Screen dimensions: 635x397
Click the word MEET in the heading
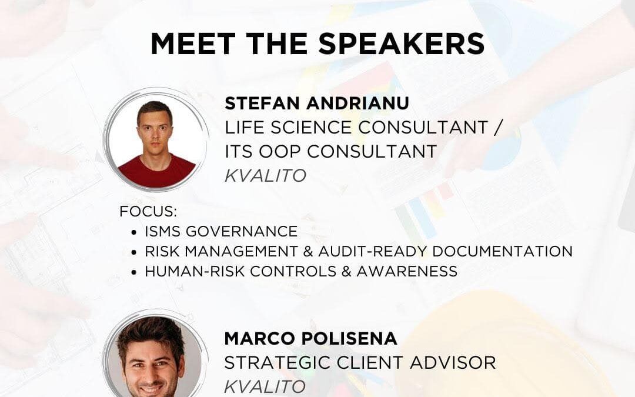point(193,44)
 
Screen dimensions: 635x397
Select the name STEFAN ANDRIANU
point(317,104)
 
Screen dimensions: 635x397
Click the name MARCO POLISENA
point(310,338)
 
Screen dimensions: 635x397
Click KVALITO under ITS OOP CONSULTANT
point(265,175)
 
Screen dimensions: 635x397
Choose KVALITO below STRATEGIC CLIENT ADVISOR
point(265,386)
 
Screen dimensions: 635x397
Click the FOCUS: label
point(148,212)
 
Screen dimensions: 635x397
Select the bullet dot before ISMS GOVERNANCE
point(134,232)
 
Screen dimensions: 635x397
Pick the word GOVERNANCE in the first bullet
point(242,231)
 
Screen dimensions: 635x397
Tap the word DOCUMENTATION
point(503,251)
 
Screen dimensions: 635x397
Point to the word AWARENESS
point(407,271)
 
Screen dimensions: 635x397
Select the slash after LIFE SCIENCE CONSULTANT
point(498,127)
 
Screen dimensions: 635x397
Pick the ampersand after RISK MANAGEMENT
point(308,251)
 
